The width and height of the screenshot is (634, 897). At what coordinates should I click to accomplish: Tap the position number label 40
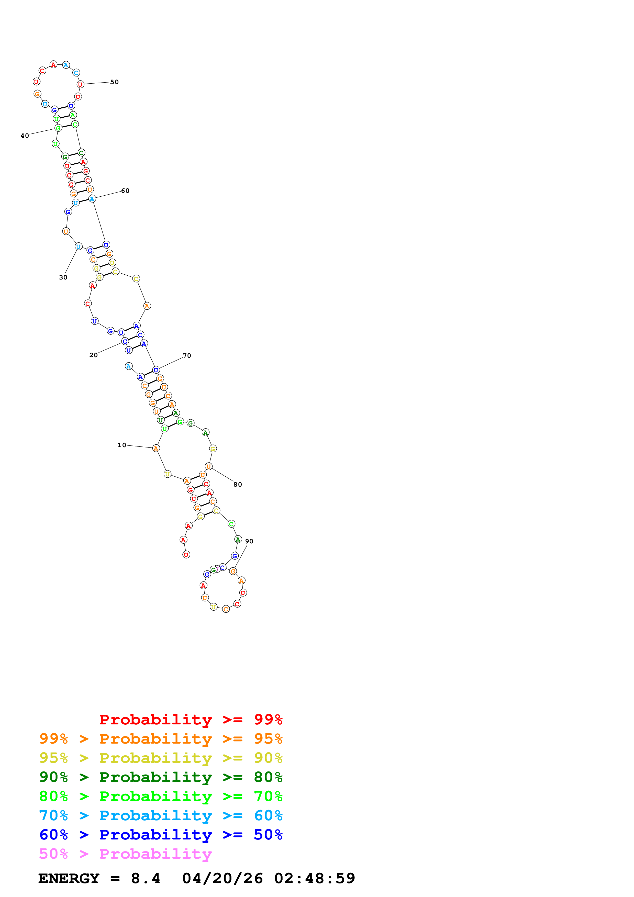(x=25, y=136)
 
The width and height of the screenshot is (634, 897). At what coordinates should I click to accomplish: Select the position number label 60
(x=125, y=191)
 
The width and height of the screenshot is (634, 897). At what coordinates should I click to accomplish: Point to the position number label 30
(x=63, y=277)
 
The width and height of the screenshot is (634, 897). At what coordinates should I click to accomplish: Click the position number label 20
(x=93, y=355)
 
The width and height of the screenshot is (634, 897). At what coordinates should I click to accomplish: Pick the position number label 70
(x=187, y=355)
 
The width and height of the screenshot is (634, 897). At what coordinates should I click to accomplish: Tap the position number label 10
(x=121, y=445)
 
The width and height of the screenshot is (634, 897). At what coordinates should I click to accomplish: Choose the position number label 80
(x=238, y=485)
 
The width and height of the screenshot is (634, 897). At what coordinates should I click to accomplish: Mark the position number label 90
(x=249, y=541)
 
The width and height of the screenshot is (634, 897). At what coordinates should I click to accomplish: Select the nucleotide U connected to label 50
(x=80, y=84)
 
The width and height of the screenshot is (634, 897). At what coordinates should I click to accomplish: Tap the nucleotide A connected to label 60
(x=92, y=199)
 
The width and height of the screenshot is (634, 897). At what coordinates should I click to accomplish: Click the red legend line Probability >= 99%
(x=191, y=719)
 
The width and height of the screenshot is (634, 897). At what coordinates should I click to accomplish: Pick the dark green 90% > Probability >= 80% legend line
(x=161, y=777)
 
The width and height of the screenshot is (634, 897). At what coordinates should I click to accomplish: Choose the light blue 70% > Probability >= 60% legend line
(x=161, y=815)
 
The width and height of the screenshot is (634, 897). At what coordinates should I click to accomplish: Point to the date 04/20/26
(x=222, y=878)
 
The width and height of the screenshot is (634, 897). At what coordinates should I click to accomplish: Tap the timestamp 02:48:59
(x=315, y=878)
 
